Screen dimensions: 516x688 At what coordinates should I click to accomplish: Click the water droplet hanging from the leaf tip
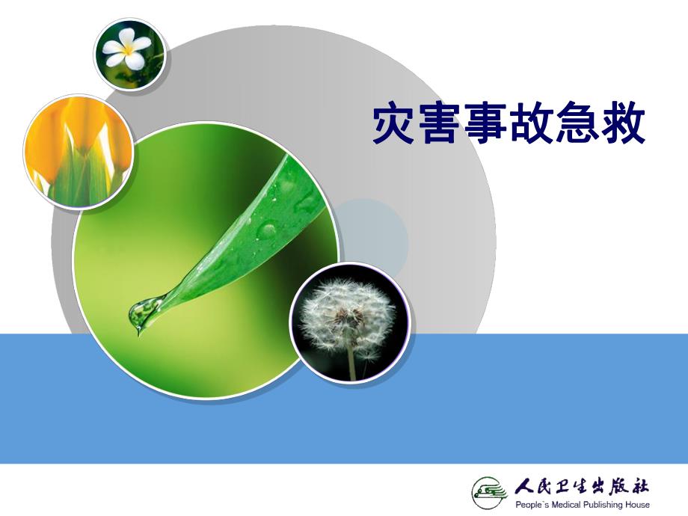coord(143,313)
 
